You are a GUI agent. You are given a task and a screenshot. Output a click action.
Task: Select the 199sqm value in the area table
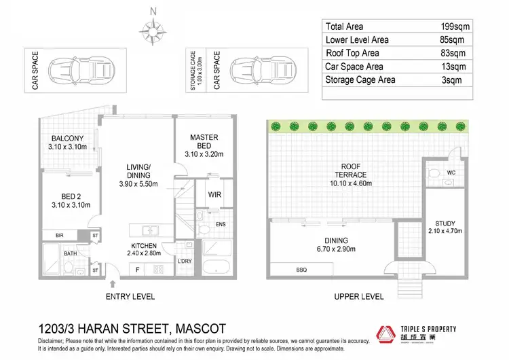(x=453, y=26)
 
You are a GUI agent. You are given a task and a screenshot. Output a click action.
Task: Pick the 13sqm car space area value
(x=453, y=67)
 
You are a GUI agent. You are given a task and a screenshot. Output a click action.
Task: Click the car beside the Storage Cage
(x=250, y=69)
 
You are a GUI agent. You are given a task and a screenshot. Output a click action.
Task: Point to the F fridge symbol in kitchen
(x=138, y=270)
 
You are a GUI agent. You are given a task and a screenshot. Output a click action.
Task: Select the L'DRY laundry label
(x=185, y=262)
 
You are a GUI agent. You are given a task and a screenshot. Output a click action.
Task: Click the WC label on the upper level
(x=451, y=173)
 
